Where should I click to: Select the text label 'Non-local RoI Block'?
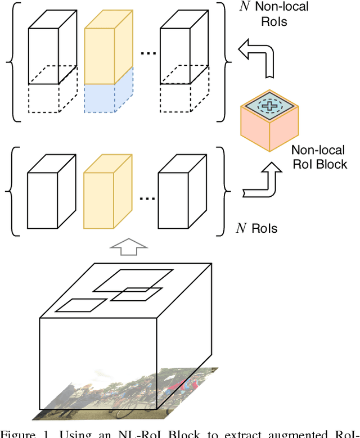point(319,157)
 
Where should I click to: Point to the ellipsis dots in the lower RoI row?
point(147,198)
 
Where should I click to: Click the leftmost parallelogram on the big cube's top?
point(81,305)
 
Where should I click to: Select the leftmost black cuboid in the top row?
point(51,45)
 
